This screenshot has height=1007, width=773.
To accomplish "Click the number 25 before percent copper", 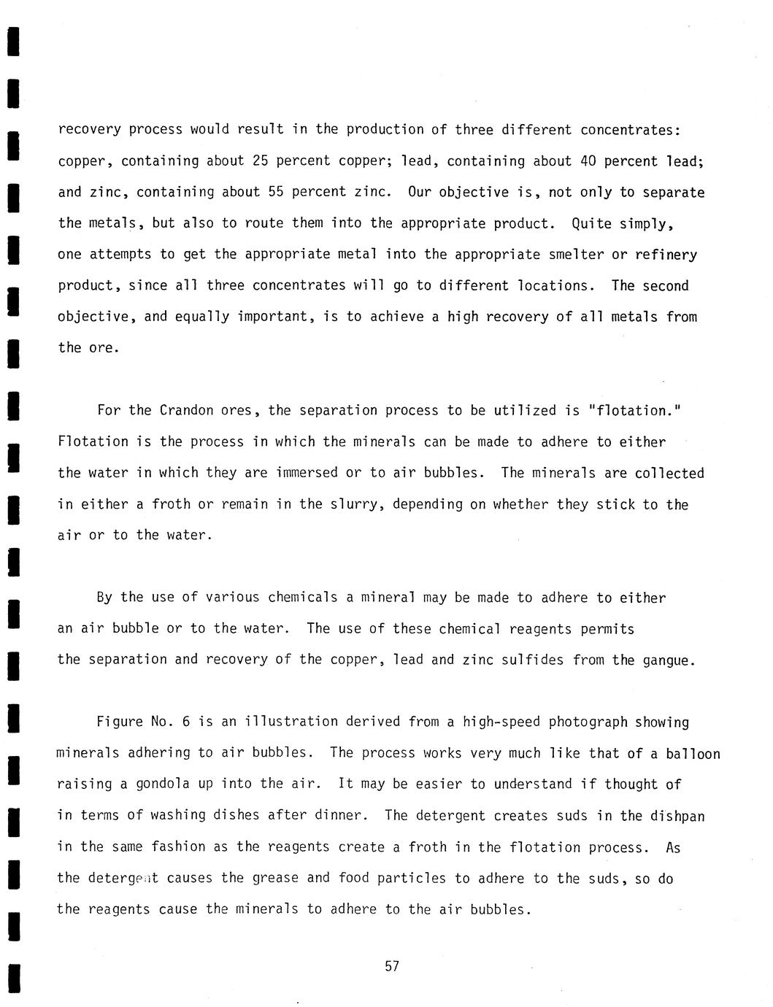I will [260, 161].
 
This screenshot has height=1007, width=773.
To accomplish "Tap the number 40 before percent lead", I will [588, 161].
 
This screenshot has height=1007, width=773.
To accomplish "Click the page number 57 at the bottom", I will [392, 966].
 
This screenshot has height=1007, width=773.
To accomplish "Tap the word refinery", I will [666, 255].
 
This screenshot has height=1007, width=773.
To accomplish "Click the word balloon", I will [693, 754].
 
